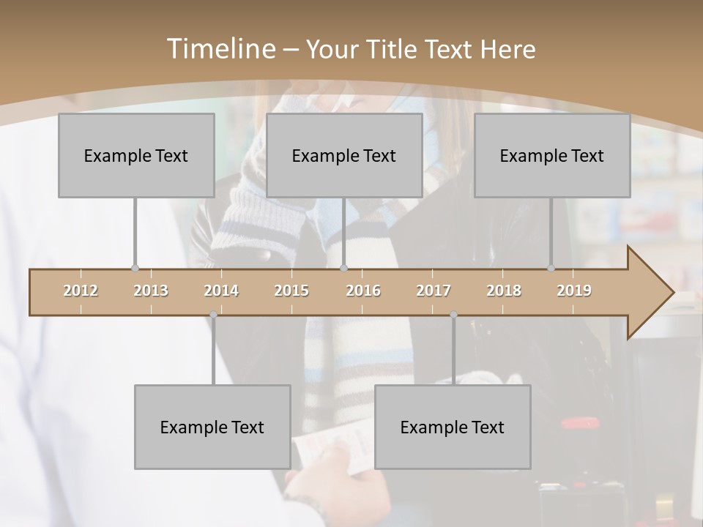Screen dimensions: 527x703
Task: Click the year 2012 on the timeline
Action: click(81, 291)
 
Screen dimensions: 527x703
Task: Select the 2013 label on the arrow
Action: click(151, 291)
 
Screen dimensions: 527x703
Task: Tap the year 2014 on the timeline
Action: click(221, 291)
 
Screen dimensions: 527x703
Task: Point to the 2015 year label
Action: click(291, 291)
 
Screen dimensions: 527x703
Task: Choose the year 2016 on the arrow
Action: click(363, 291)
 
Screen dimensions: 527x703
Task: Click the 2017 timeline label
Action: click(434, 291)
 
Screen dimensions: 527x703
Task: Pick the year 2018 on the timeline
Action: click(504, 291)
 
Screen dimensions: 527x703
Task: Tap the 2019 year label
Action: click(574, 291)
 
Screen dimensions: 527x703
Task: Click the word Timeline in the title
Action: click(219, 49)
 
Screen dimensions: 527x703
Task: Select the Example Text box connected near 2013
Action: click(136, 155)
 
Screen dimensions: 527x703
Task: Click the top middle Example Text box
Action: click(344, 155)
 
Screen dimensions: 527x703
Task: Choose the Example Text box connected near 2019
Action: click(552, 155)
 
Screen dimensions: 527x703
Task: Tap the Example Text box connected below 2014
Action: click(212, 427)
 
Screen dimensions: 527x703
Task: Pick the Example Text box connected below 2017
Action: click(453, 427)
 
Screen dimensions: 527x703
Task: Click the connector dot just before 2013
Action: click(135, 269)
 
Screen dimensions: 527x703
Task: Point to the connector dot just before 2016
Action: click(344, 269)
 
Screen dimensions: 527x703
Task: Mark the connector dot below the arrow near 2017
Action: click(453, 315)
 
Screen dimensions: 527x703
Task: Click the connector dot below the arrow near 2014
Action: click(213, 315)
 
